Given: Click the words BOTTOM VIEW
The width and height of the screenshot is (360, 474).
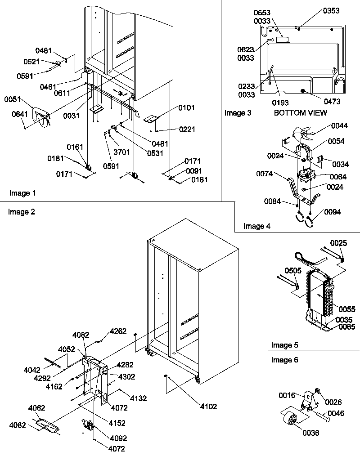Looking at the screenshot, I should [x=300, y=112].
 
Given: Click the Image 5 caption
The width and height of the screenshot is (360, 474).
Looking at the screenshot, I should [x=285, y=345].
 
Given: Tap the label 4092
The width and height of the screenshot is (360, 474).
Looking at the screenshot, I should [x=117, y=438].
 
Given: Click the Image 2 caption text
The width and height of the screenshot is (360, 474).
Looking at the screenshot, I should [x=21, y=212].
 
